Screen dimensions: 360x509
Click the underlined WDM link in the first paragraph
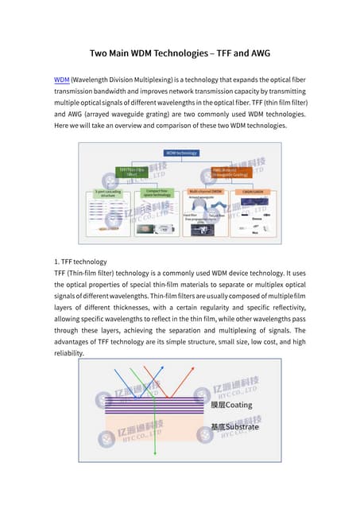point(61,80)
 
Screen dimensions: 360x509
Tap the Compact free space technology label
point(155,193)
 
